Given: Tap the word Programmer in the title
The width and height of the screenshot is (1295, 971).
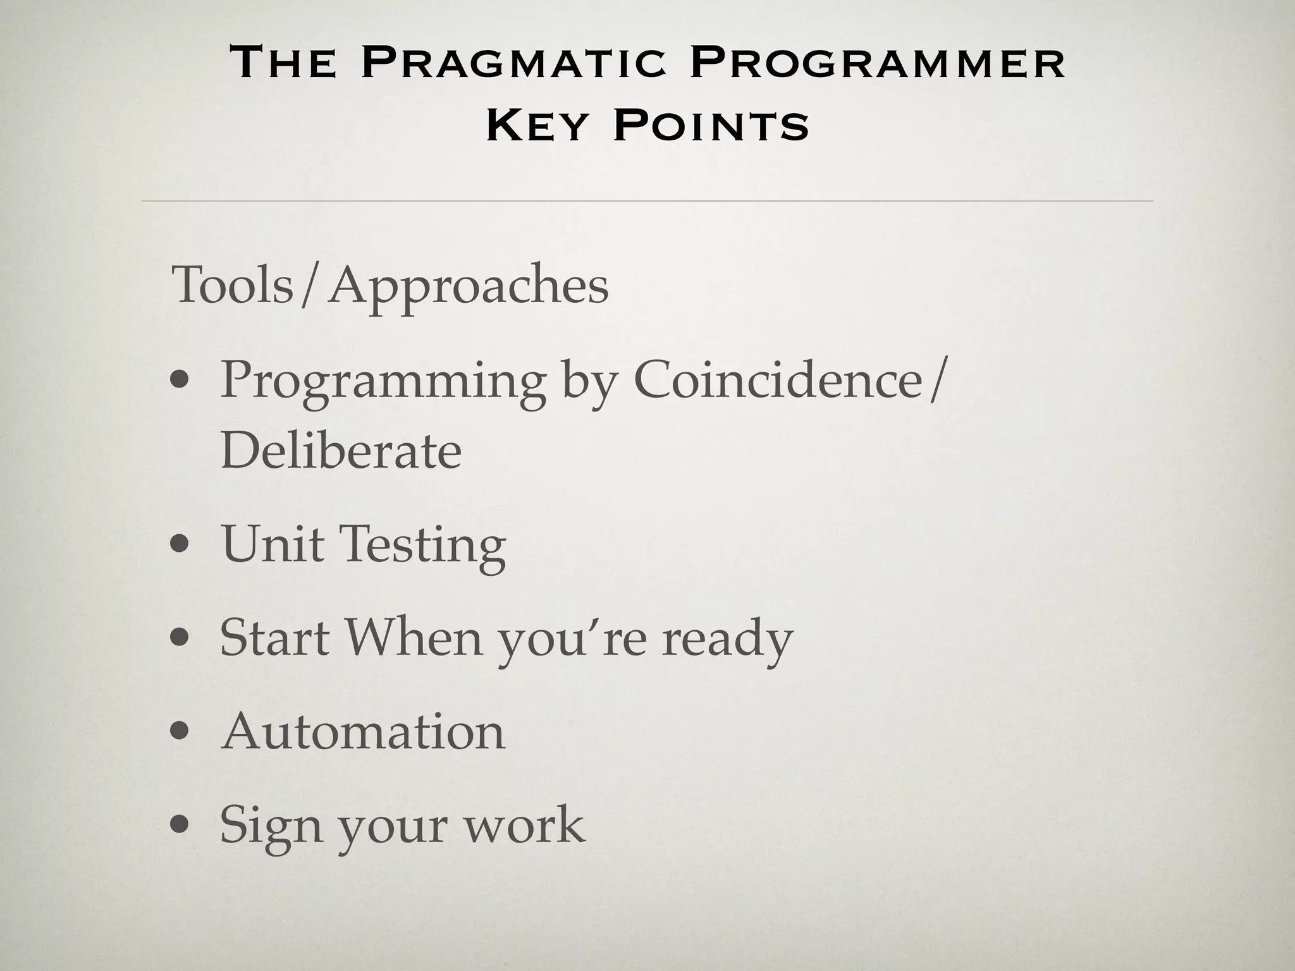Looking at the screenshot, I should point(878,64).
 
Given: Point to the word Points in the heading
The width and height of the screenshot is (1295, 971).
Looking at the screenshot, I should point(711,126).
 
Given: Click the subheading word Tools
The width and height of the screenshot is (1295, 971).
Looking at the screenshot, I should point(233,285).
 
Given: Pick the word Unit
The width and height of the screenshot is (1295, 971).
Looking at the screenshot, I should point(272,543).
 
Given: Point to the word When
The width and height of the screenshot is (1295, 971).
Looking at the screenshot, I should point(414,637).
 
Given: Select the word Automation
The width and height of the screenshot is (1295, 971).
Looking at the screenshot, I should point(363,731).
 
